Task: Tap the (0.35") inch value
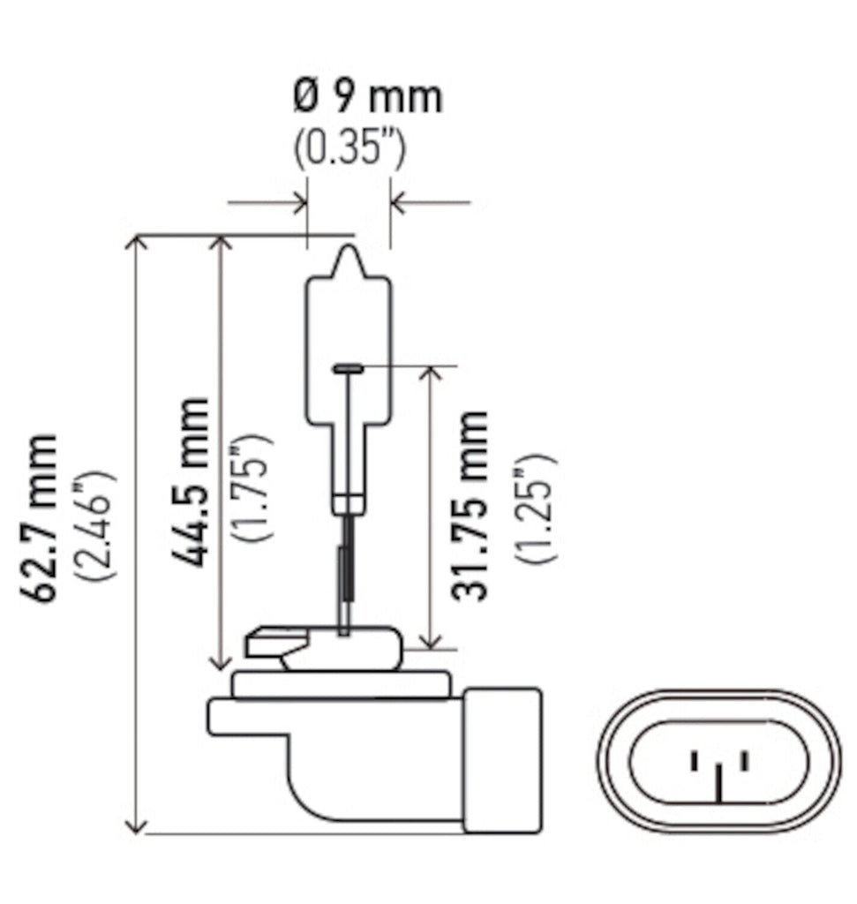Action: [350, 151]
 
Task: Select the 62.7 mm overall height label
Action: [44, 517]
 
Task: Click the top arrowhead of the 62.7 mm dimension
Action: [136, 243]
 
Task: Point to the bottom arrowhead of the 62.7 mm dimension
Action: [136, 825]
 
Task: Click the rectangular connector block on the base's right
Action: [500, 759]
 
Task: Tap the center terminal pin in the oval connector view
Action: [721, 781]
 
